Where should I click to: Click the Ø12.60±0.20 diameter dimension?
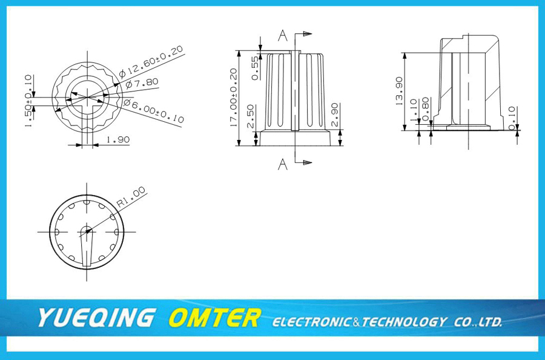(x=151, y=61)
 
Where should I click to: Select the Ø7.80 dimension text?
(x=142, y=84)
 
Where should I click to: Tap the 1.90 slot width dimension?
(x=118, y=140)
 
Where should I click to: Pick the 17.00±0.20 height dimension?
(x=234, y=97)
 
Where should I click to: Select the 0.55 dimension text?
(x=255, y=68)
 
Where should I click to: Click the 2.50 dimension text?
(x=251, y=116)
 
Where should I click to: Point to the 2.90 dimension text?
(x=334, y=115)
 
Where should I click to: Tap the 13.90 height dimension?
(x=399, y=91)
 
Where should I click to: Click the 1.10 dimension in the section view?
(x=413, y=110)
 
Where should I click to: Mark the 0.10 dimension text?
(x=512, y=118)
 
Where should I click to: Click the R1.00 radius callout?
(x=131, y=197)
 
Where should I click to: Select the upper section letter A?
(x=283, y=36)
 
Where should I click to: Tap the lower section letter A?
(x=283, y=164)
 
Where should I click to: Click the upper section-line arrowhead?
(x=308, y=34)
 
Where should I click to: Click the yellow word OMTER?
(x=215, y=318)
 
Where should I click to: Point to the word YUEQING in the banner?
(x=96, y=318)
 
